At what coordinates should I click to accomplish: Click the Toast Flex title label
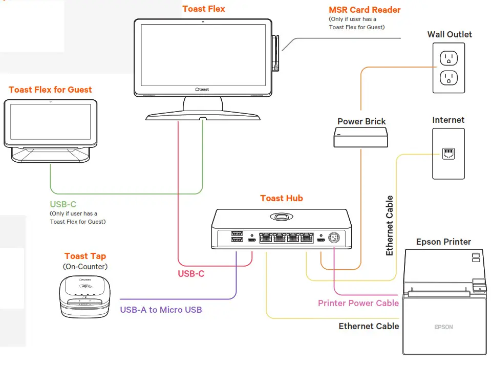[204, 9]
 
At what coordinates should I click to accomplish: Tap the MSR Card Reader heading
[365, 10]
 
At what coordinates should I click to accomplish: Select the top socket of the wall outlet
[449, 58]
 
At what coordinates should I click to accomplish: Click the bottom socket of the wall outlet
[449, 78]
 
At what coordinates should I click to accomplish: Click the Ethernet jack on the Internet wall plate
[448, 153]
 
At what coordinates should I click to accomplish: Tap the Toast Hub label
[282, 198]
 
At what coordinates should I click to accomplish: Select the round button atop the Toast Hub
[282, 217]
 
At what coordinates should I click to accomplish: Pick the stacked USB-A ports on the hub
[237, 236]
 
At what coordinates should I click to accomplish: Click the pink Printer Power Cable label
[358, 303]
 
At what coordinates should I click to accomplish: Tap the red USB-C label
[191, 274]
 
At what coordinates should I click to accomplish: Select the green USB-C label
[63, 204]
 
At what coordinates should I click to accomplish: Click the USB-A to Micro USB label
[161, 310]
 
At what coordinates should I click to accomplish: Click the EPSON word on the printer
[444, 327]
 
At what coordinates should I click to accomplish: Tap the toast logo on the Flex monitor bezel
[202, 89]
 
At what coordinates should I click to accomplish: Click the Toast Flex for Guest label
[50, 90]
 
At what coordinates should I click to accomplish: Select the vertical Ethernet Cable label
[390, 226]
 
